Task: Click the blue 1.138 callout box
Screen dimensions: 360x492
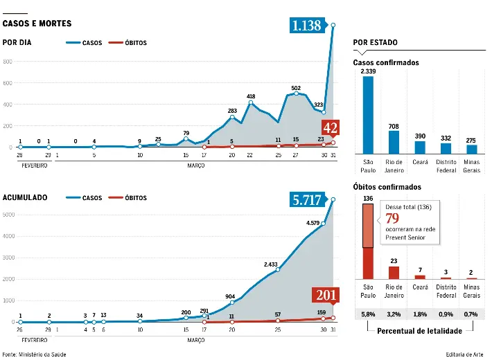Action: click(306, 26)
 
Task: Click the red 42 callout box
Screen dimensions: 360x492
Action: click(331, 127)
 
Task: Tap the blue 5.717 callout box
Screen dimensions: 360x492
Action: click(306, 200)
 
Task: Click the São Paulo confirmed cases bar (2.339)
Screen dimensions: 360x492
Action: click(368, 114)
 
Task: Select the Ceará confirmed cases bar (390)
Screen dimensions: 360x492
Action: click(420, 147)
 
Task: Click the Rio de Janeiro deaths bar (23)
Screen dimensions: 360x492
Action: click(394, 272)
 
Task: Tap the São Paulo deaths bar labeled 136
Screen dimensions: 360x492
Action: click(368, 242)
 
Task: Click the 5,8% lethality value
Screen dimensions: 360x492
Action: click(368, 314)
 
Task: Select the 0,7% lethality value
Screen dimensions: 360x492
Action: click(471, 314)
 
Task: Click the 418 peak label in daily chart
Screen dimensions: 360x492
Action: click(251, 96)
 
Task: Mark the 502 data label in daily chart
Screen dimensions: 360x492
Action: click(296, 87)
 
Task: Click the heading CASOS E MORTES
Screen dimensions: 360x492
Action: click(37, 24)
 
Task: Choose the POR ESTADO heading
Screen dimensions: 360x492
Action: click(375, 43)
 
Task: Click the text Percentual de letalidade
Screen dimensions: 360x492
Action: click(420, 331)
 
